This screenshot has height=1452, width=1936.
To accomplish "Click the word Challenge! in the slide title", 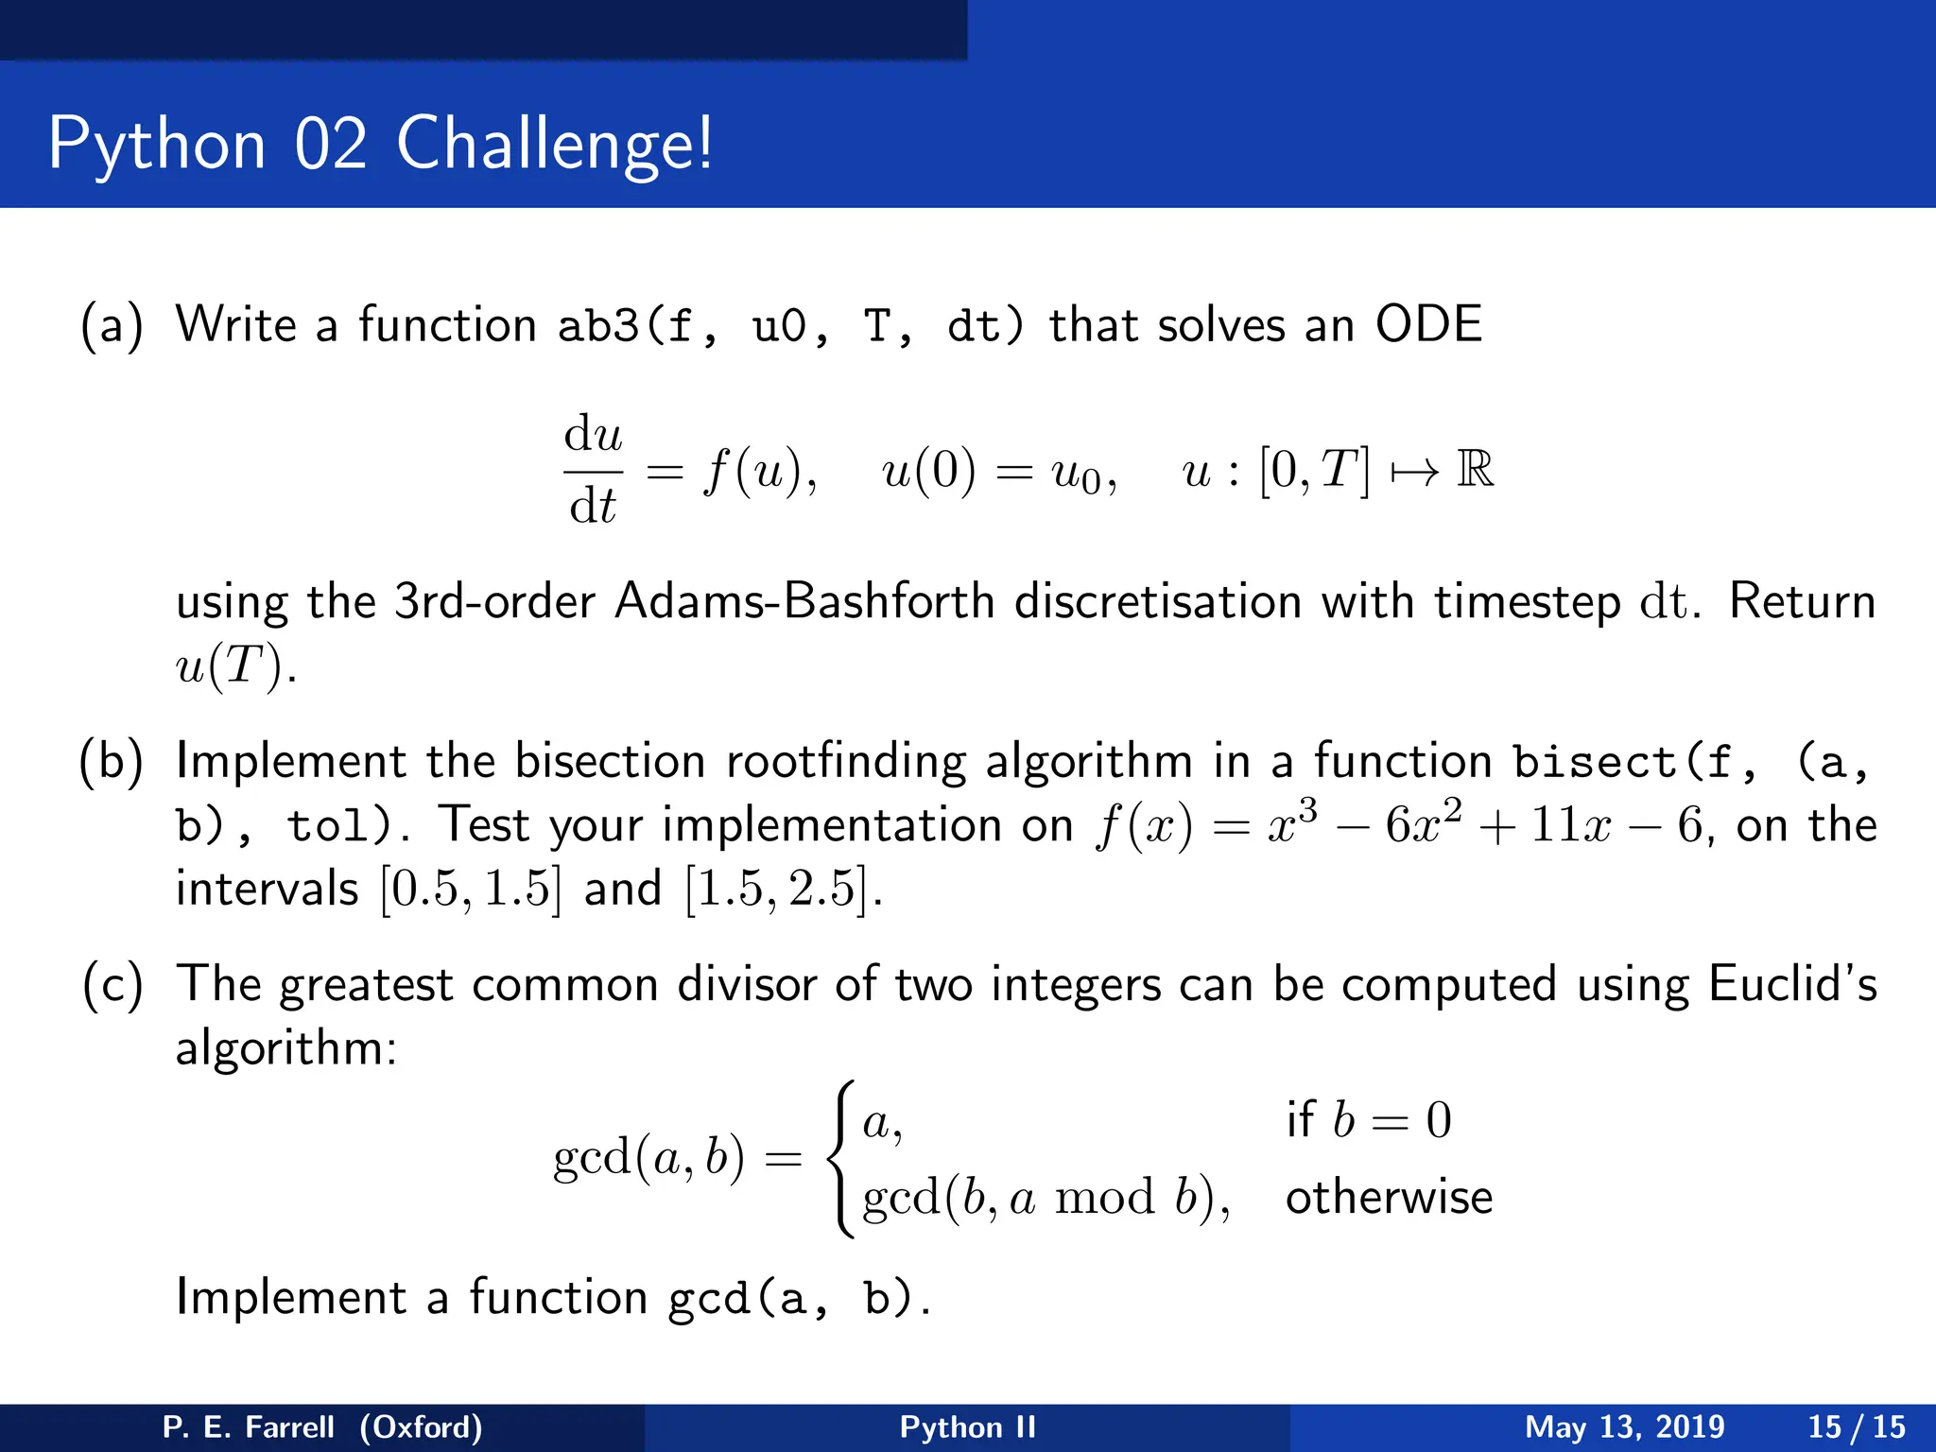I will pyautogui.click(x=554, y=144).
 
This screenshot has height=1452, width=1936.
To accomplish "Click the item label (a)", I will pyautogui.click(x=112, y=325).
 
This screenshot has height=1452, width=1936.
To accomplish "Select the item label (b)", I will pyautogui.click(x=112, y=762).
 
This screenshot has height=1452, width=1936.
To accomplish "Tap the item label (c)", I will pyautogui.click(x=112, y=985).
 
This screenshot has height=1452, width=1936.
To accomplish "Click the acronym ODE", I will pyautogui.click(x=1427, y=325).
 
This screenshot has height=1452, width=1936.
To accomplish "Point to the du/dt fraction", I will pyautogui.click(x=593, y=470).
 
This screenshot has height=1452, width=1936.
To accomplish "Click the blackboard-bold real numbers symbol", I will pyautogui.click(x=1475, y=470).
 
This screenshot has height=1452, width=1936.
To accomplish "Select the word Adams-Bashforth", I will pyautogui.click(x=804, y=601).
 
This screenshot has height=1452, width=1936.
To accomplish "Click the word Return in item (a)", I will pyautogui.click(x=1802, y=601).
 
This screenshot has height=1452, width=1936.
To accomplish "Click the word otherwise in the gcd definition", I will pyautogui.click(x=1389, y=1198).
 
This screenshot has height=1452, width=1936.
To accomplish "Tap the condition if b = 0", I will pyautogui.click(x=1368, y=1120).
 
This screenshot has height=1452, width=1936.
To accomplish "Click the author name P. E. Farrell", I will pyautogui.click(x=248, y=1426).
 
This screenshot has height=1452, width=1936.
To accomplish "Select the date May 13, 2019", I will pyautogui.click(x=1624, y=1426).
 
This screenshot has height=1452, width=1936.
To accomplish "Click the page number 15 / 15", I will pyautogui.click(x=1856, y=1426).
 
